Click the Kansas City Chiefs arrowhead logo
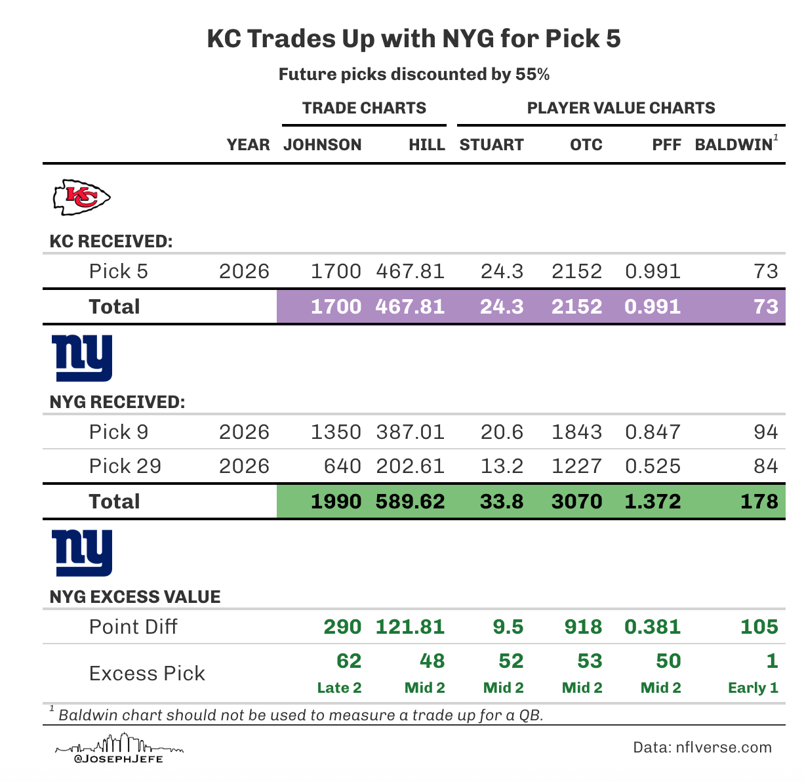pos(81,197)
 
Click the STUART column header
pos(491,145)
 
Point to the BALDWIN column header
pos(734,145)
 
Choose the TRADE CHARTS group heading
pos(364,108)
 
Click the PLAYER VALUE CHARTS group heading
pos(620,108)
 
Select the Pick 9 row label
pos(119,432)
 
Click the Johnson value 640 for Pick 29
pos(342,466)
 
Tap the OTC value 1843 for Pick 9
pos(576,432)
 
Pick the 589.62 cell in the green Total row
pos(410,502)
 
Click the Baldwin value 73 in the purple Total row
pos(765,307)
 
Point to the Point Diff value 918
pos(583,627)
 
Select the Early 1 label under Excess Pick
pos(753,688)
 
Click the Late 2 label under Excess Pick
pos(339,688)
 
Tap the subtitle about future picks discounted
pos(414,74)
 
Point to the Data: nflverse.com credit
pos(702,747)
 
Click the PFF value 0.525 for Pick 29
pos(653,466)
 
